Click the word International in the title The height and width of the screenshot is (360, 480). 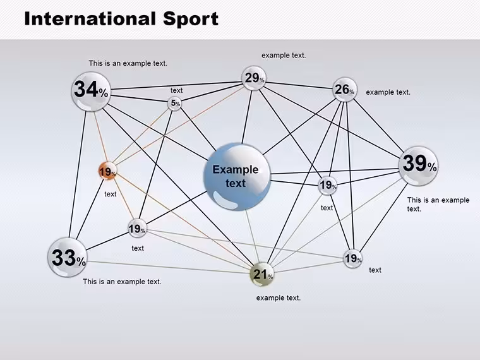coord(90,19)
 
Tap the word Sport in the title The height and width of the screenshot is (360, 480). coord(191,20)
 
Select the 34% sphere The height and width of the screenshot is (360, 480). coord(91,91)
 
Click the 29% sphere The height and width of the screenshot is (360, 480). coord(254,78)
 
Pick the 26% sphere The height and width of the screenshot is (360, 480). coord(345,90)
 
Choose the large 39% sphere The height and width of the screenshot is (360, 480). coord(419,166)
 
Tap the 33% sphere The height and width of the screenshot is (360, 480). coord(68,258)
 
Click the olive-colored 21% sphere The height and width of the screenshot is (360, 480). coord(262,274)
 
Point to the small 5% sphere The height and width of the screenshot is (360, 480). coord(174,104)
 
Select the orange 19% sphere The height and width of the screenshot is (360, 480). coord(107,171)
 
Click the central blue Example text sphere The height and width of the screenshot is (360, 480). coord(237,177)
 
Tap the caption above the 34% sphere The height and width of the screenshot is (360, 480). coord(128,63)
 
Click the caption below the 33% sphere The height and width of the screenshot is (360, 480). coord(122,282)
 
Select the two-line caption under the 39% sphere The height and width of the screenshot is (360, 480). coord(438,204)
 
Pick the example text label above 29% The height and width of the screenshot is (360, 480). coord(284,56)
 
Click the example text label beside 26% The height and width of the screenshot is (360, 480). coord(388,92)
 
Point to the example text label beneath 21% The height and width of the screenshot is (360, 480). coord(279,298)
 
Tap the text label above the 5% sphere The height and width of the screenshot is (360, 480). coord(176,90)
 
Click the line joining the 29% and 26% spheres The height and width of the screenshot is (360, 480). coord(299,85)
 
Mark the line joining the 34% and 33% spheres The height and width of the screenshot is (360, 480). coord(78,174)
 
